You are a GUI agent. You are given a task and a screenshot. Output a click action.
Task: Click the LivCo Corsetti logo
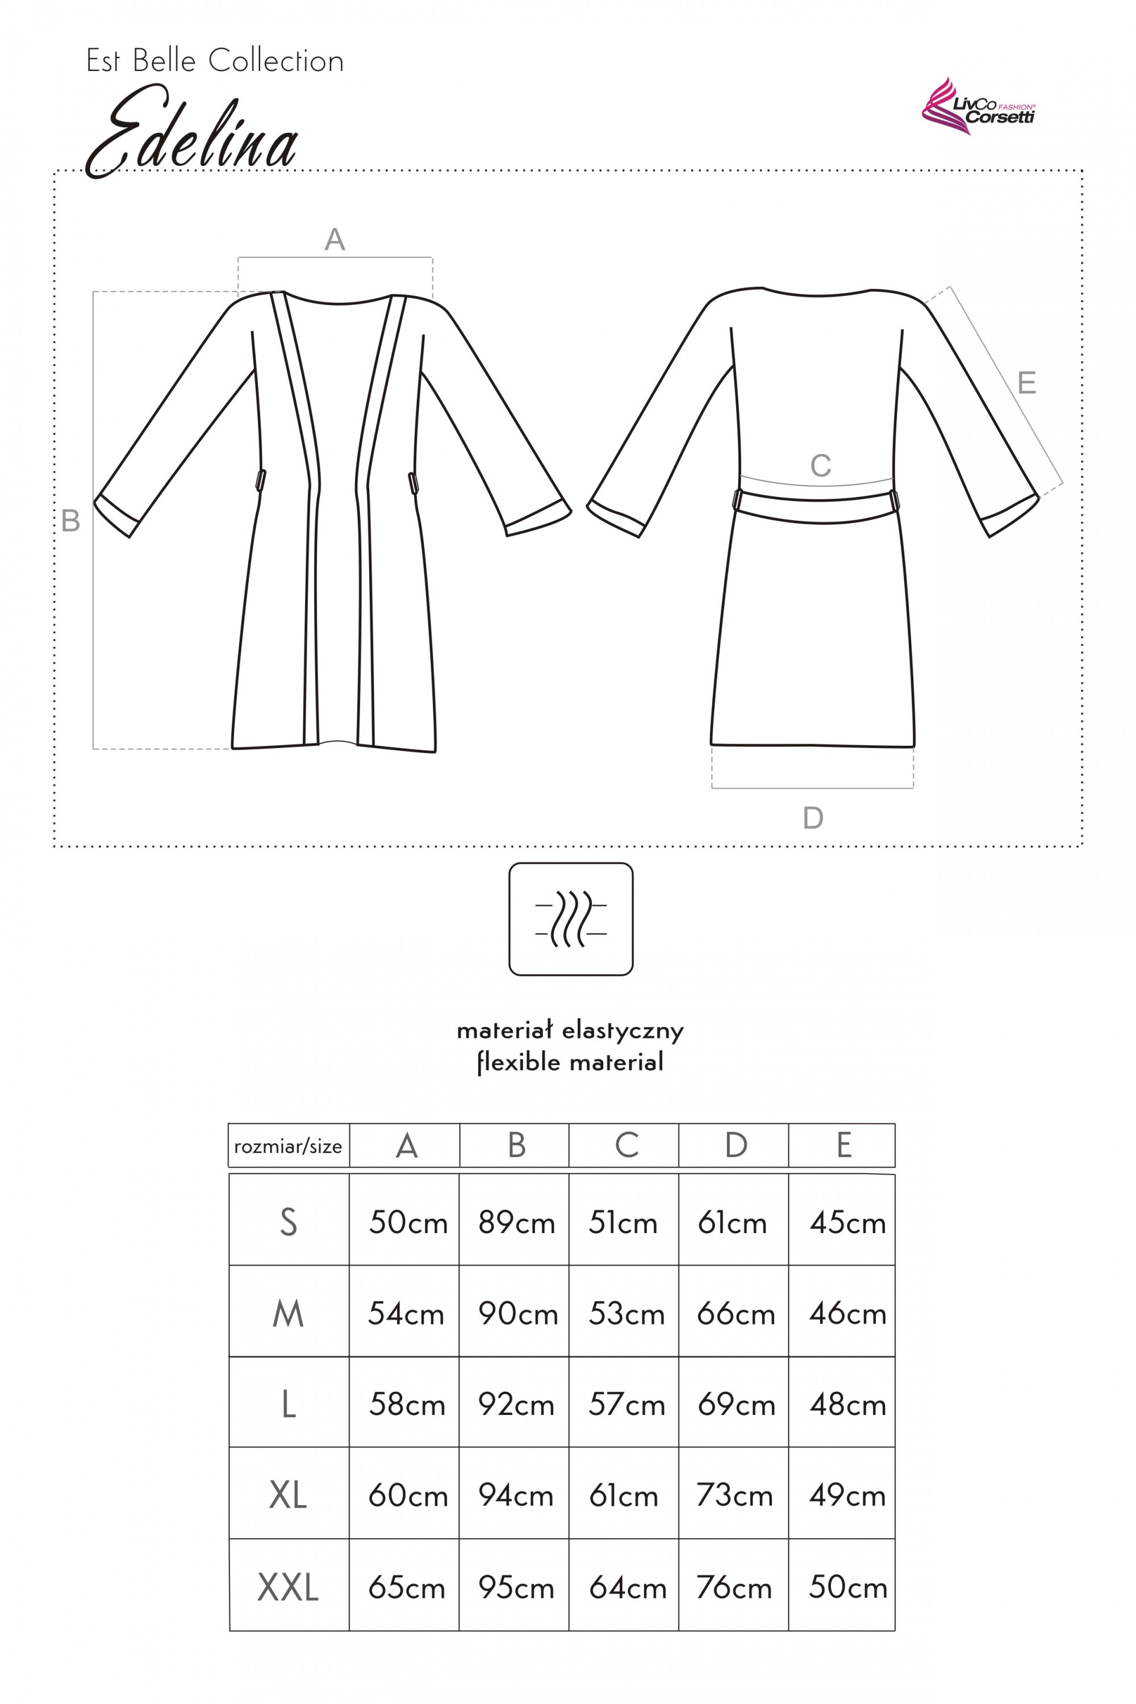pos(978,108)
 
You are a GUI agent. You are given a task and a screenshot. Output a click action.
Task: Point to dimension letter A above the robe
pos(335,239)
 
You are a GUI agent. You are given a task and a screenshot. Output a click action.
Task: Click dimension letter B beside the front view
pos(70,520)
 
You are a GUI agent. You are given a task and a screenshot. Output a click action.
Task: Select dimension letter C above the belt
pos(820,466)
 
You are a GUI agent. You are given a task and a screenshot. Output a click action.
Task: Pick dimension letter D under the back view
pos(813,818)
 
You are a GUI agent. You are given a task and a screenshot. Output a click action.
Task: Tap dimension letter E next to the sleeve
pos(1026,382)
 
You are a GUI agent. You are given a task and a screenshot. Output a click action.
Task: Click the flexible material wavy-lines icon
pos(571,918)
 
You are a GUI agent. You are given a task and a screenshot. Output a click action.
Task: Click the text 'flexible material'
pos(570,1062)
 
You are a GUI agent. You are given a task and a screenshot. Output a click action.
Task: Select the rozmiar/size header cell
pos(289,1146)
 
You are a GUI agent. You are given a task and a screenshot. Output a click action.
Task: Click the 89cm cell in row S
pos(516,1223)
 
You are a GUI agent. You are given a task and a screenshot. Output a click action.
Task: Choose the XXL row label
pos(289,1588)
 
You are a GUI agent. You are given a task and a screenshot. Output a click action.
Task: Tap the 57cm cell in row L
pos(627,1405)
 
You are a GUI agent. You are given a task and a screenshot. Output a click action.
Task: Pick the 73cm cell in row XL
pos(734,1496)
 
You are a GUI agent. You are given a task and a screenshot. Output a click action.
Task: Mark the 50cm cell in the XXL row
pos(847,1588)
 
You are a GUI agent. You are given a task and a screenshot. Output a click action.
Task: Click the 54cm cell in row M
pos(406,1313)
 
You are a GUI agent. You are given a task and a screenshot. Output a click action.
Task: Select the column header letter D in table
pos(736,1146)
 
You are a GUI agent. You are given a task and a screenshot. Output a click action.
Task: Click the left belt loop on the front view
pos(260,481)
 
